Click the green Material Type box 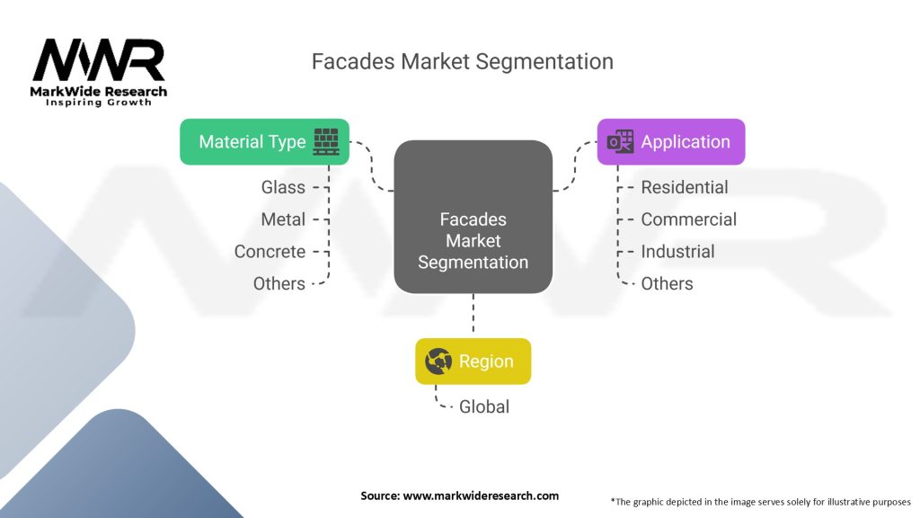pos(264,142)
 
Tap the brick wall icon pos(326,142)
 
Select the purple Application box pos(671,142)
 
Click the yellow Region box pos(473,362)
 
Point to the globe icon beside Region pos(438,362)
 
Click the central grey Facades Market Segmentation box pos(473,216)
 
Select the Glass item pos(283,187)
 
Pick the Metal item pos(283,219)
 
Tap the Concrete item pos(270,252)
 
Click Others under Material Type pos(279,283)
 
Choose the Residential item pos(684,187)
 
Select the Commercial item pos(688,219)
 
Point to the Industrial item pos(677,252)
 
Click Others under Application pos(667,283)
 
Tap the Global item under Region pos(484,406)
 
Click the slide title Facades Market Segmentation pos(462,61)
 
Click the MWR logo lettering pos(99,60)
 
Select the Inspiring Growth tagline pos(99,103)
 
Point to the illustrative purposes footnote pos(760,501)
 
